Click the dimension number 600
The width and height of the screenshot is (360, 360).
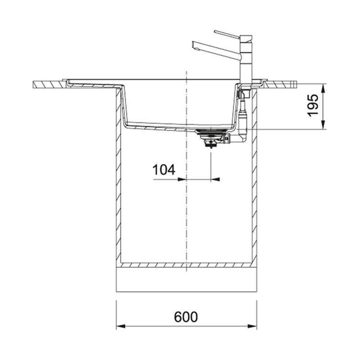click(186, 317)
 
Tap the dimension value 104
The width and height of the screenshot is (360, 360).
click(164, 170)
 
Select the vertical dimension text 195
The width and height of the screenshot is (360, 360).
click(313, 105)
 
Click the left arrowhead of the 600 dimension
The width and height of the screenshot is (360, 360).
click(121, 326)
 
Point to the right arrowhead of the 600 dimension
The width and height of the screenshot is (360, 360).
click(252, 326)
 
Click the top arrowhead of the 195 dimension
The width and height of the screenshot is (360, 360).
click(323, 89)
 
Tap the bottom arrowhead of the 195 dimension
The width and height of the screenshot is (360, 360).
click(323, 125)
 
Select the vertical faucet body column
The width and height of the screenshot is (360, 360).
click(246, 60)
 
